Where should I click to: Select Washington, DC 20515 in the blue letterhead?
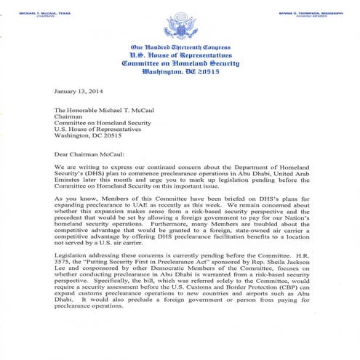click(180, 73)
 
